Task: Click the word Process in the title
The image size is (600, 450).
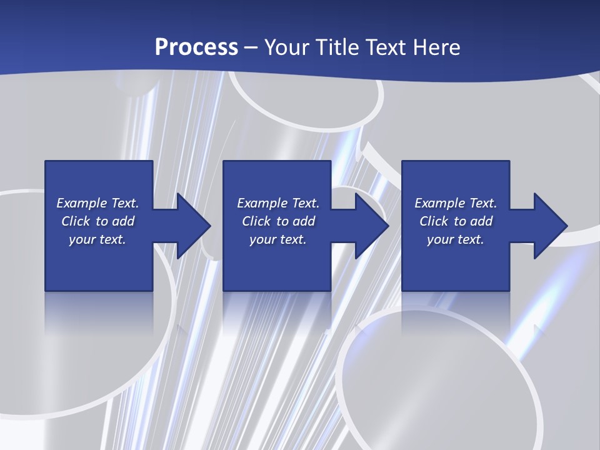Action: [x=196, y=47]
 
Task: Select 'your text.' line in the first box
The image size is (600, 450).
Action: [x=97, y=239]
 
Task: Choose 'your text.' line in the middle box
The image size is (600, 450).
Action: [x=278, y=239]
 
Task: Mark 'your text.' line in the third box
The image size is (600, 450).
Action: [x=456, y=239]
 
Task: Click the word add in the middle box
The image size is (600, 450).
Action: [x=304, y=221]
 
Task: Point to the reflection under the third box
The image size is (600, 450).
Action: [x=456, y=306]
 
